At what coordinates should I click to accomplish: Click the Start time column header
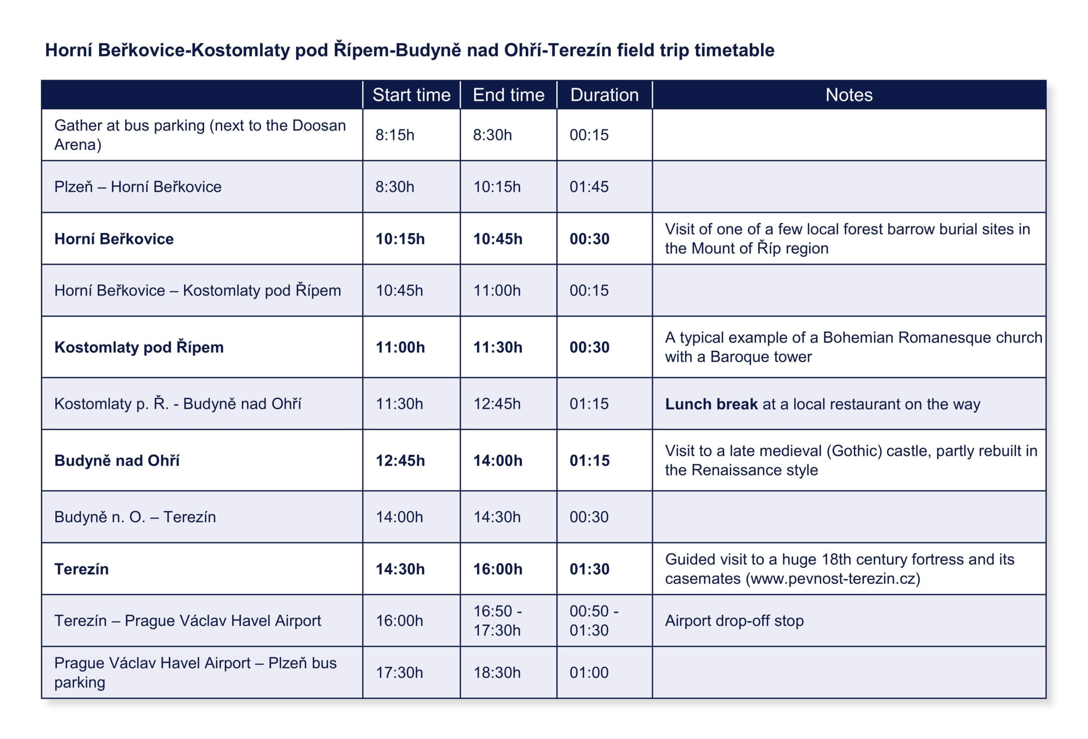[411, 95]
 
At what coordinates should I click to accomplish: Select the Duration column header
[604, 95]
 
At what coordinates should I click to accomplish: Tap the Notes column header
[849, 95]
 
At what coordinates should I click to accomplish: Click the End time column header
[508, 95]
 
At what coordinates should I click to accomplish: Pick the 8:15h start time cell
[395, 135]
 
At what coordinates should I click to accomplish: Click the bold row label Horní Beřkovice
[114, 239]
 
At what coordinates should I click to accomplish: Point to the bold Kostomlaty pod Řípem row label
[139, 347]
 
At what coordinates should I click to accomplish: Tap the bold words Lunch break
[711, 404]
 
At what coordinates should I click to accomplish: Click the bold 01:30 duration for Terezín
[589, 569]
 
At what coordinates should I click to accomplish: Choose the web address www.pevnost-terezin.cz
[833, 579]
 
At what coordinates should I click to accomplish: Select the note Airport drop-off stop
[734, 621]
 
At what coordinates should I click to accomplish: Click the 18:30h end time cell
[497, 673]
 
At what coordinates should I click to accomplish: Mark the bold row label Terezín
[82, 569]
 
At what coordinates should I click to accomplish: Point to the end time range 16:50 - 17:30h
[497, 621]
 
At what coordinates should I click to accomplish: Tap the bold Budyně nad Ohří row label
[116, 461]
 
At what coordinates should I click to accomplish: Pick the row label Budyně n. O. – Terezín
[135, 517]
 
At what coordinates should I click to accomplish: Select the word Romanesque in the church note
[881, 338]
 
